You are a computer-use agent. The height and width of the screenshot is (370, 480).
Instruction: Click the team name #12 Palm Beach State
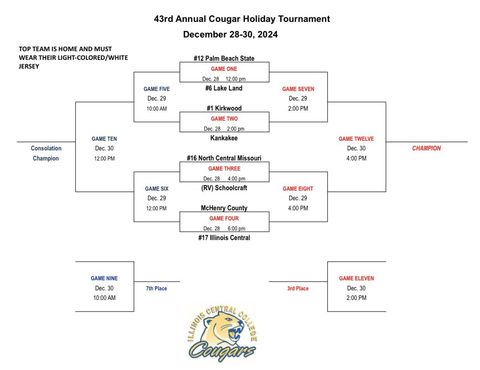coord(224,59)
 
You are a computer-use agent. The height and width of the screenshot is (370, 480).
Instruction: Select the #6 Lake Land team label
coord(224,88)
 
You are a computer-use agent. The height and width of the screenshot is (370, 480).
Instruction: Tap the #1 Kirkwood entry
coord(224,108)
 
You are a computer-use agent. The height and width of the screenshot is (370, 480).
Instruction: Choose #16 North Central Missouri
coord(224,158)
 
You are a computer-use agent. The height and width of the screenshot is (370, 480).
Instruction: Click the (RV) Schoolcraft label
coord(224,188)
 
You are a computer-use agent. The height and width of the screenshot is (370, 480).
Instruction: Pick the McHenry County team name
coord(224,208)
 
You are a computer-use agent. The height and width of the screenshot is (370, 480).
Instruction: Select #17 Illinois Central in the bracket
coord(224,237)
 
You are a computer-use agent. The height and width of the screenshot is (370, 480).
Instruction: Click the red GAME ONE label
coord(224,69)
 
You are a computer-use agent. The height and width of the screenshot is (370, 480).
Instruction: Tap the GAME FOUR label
coord(224,219)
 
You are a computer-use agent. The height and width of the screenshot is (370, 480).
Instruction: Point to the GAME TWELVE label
coord(356,138)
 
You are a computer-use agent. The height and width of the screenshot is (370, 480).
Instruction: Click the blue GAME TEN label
coord(105,138)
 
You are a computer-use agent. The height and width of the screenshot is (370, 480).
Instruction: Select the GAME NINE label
coord(104,278)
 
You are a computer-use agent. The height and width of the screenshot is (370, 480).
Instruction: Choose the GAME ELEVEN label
coord(357,278)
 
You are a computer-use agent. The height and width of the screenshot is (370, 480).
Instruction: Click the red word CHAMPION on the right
coord(426,148)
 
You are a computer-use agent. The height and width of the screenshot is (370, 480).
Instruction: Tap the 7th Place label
coord(157,289)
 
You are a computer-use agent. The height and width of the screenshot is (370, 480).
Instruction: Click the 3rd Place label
coord(298,289)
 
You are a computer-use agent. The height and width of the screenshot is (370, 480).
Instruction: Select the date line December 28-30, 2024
coord(230,34)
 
